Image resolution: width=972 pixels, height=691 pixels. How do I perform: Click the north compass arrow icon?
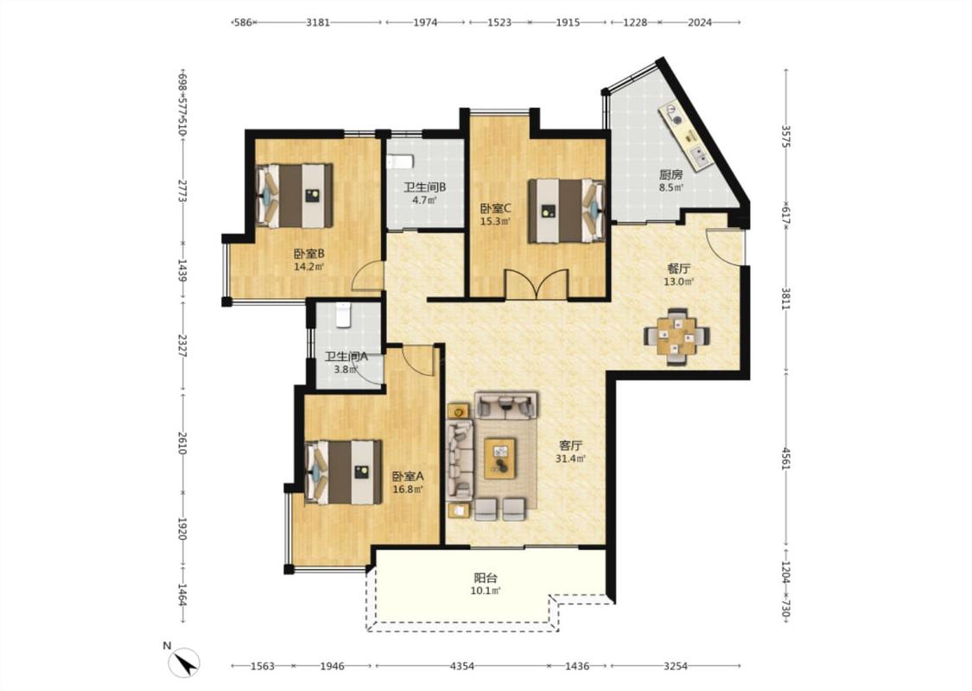tap(184, 662)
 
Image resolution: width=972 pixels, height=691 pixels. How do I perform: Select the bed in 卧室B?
tap(295, 195)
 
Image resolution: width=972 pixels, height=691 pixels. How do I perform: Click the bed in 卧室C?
tap(566, 211)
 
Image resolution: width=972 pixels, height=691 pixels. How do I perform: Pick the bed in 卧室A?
tap(343, 472)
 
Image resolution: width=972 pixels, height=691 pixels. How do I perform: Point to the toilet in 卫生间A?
tap(343, 314)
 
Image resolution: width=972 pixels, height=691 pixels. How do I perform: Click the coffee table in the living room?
tap(500, 458)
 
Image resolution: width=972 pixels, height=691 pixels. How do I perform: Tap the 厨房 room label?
tap(670, 174)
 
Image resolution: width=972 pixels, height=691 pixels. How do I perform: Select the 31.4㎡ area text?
tap(571, 459)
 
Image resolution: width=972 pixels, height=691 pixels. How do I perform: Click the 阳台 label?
tap(486, 578)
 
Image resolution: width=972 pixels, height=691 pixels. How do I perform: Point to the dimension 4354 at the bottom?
tap(462, 666)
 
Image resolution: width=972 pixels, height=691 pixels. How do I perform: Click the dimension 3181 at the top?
tap(318, 22)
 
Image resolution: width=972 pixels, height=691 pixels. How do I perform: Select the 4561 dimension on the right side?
tap(786, 459)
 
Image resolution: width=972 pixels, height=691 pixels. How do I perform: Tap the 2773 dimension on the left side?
tap(182, 190)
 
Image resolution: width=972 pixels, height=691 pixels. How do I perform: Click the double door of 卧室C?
tap(537, 284)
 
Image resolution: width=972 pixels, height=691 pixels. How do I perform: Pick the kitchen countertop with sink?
tap(685, 135)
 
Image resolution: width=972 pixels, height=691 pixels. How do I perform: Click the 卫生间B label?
tap(425, 187)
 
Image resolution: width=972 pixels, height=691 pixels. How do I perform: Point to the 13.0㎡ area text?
tap(679, 282)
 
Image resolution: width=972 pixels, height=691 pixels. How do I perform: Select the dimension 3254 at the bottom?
tap(676, 666)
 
